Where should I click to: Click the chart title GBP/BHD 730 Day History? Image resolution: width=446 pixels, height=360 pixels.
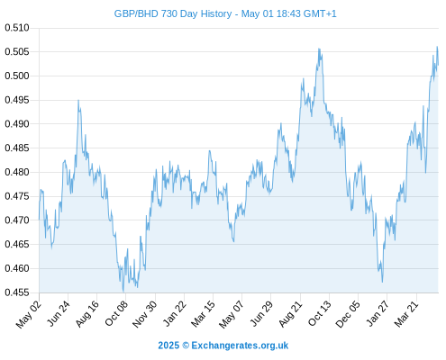coord(173,13)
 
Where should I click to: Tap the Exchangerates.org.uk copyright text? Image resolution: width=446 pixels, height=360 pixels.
coord(223,346)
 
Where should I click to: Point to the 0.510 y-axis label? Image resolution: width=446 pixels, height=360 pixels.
coord(17,28)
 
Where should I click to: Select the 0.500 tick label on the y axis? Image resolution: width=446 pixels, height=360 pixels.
coord(17,76)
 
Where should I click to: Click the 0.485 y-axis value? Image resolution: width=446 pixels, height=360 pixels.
coord(17,148)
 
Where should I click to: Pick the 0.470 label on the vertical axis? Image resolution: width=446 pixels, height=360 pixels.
coord(17,220)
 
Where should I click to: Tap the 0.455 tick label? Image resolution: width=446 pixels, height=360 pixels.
coord(17,292)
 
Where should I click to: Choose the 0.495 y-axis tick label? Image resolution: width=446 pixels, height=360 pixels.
coord(17,100)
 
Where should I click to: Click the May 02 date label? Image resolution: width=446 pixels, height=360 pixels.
coord(29,314)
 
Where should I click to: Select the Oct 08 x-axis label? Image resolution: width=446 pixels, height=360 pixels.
coord(116,313)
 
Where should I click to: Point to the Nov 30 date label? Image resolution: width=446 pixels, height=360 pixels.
coord(144,314)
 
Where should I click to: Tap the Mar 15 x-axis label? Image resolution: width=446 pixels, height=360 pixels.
coord(203,313)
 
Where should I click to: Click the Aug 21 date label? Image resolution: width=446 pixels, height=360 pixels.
coord(290,313)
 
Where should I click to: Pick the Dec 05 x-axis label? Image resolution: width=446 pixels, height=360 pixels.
coord(348,314)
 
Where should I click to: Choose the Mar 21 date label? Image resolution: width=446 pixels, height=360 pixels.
coord(406,313)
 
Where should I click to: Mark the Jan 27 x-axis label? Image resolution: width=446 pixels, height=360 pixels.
coord(377,313)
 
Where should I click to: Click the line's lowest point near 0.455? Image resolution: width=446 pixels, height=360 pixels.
coord(123,292)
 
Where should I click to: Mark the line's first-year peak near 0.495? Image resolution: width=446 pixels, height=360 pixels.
coord(78,100)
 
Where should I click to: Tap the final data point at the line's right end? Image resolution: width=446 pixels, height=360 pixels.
coord(438,65)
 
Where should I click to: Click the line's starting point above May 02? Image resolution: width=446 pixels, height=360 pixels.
coord(39,220)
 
